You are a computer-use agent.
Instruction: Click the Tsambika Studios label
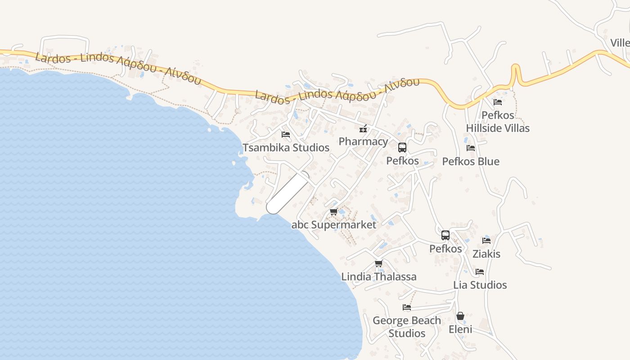point(286,148)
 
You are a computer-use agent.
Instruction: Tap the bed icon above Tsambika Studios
point(286,135)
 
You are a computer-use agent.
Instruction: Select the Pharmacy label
point(363,141)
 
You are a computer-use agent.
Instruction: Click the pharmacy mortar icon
point(363,129)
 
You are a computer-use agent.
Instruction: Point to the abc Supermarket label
point(333,225)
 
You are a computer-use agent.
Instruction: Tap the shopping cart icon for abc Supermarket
point(333,212)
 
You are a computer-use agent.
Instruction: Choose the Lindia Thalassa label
point(379,276)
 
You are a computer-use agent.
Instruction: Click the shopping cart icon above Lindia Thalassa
point(379,264)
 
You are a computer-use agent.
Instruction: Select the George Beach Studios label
point(407,327)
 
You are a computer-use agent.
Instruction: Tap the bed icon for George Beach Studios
point(407,307)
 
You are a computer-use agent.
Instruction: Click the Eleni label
point(460,329)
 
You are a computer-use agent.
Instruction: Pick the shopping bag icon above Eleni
point(460,316)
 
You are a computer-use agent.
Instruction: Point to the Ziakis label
point(486,254)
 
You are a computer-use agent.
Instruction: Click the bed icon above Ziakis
point(486,241)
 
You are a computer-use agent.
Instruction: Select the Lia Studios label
point(480,285)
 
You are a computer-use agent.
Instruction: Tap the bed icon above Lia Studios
point(480,272)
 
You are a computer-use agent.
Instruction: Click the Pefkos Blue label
point(471,161)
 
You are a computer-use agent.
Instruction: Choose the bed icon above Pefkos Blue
point(471,148)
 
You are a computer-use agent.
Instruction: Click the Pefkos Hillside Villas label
point(498,121)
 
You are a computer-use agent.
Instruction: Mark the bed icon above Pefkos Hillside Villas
point(498,102)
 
